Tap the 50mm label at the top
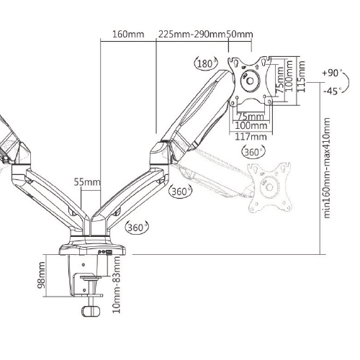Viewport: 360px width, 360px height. (x=240, y=35)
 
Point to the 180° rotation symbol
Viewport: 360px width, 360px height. (x=205, y=64)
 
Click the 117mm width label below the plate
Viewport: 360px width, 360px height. (x=251, y=137)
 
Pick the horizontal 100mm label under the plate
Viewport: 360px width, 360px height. (x=251, y=126)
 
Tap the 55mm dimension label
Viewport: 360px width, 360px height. (x=88, y=182)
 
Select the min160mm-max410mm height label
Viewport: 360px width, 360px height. (x=328, y=170)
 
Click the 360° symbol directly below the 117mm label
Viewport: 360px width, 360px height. (x=253, y=152)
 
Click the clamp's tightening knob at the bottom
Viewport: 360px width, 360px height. (x=89, y=312)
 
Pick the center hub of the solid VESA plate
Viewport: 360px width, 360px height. (x=252, y=82)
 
